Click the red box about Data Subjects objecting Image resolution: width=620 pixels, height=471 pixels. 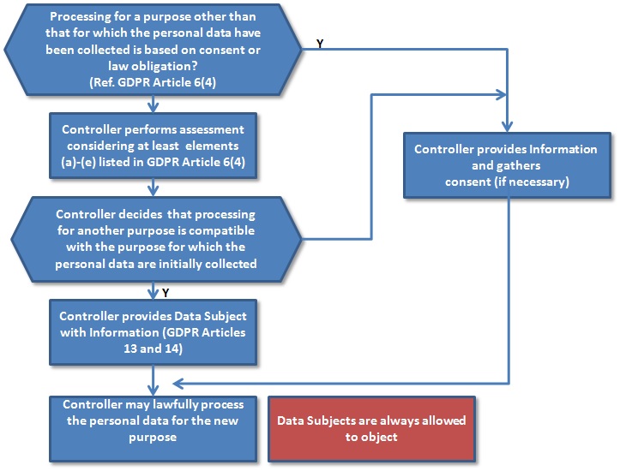tap(371, 427)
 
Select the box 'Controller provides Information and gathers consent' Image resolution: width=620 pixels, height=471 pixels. tap(505, 165)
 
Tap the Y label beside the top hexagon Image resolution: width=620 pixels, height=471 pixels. tap(320, 43)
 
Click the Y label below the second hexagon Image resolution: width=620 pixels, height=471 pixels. tap(165, 293)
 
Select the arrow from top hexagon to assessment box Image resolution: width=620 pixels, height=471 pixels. tap(153, 104)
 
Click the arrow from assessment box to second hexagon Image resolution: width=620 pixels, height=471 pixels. tap(153, 187)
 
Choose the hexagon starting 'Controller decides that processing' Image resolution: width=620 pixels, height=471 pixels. tap(153, 238)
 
